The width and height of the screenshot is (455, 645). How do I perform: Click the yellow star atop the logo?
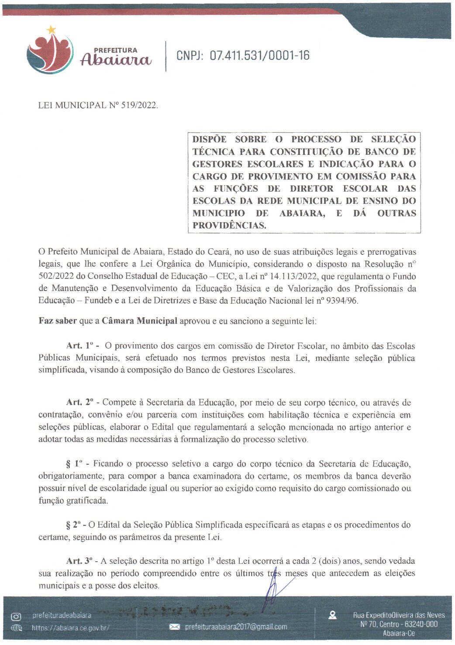[x=51, y=30]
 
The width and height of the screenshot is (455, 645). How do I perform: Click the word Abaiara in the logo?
[x=116, y=60]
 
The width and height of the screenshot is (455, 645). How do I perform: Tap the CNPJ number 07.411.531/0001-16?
[x=259, y=55]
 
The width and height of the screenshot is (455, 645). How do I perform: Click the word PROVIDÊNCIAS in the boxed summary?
[x=229, y=226]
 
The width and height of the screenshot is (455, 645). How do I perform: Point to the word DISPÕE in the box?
[x=210, y=139]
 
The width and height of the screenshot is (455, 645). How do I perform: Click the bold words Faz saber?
[x=58, y=321]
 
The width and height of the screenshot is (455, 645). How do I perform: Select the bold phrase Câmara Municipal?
[x=139, y=321]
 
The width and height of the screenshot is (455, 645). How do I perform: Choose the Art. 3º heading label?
[x=81, y=561]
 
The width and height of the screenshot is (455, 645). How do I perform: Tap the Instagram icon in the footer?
[x=16, y=617]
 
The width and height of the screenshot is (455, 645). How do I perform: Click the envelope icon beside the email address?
[x=174, y=627]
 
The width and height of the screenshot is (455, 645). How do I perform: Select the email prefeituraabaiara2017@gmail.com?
[x=236, y=627]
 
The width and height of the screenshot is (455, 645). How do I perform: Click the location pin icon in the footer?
[x=333, y=615]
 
